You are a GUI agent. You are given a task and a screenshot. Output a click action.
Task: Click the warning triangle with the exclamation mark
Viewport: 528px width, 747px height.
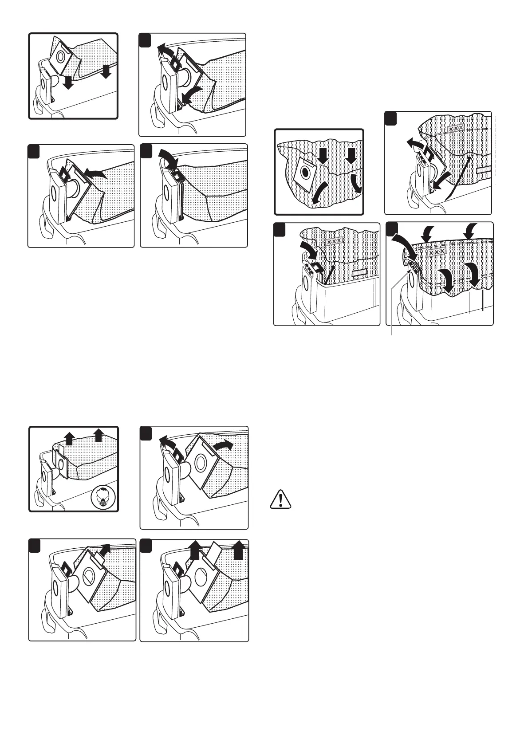click(280, 499)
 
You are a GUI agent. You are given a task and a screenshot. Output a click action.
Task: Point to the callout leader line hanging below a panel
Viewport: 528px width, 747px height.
click(391, 330)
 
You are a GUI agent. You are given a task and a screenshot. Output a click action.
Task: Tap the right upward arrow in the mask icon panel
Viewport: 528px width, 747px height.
click(99, 436)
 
